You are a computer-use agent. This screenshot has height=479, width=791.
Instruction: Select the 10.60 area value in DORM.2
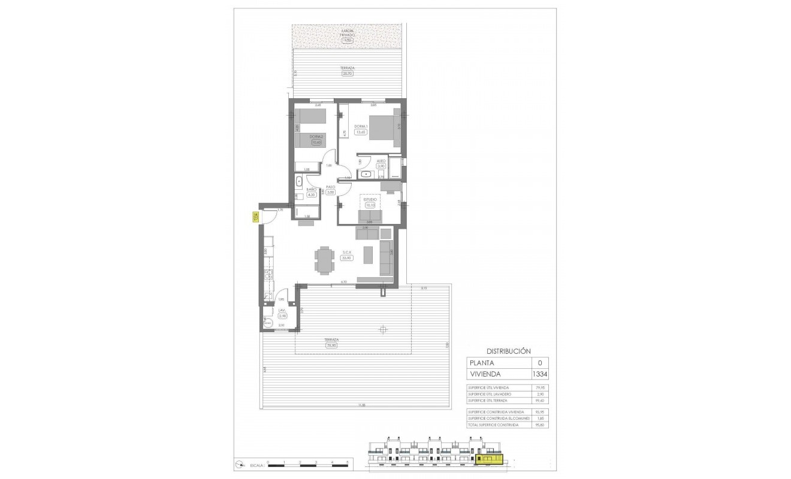pos(316,143)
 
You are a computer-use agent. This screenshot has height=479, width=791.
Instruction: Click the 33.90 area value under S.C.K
pos(346,258)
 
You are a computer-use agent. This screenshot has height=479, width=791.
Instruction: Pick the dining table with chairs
pos(324,260)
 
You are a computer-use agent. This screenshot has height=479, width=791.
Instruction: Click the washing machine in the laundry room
pos(267,324)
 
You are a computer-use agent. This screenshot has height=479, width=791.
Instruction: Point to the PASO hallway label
pos(330,187)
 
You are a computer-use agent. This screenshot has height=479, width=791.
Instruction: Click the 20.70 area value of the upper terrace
pos(346,74)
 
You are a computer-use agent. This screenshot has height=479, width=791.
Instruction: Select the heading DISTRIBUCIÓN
pos(508,351)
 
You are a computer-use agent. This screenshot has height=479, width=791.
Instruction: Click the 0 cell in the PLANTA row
pos(541,363)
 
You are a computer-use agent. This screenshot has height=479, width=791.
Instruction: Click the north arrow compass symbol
pos(239,464)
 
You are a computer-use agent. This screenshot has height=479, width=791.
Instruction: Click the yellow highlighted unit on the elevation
pos(489,459)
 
